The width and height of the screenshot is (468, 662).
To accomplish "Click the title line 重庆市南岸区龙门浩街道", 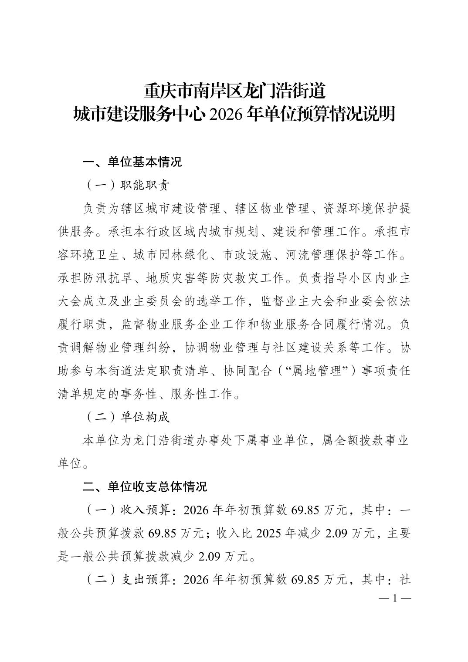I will click(x=234, y=92).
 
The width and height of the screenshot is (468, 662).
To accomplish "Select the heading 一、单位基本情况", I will click(x=132, y=162).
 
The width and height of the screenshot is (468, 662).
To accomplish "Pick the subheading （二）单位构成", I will click(x=126, y=417).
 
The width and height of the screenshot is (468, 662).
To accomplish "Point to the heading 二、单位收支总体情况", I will click(x=145, y=486).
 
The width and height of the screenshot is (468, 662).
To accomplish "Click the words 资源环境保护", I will click(x=361, y=209).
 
